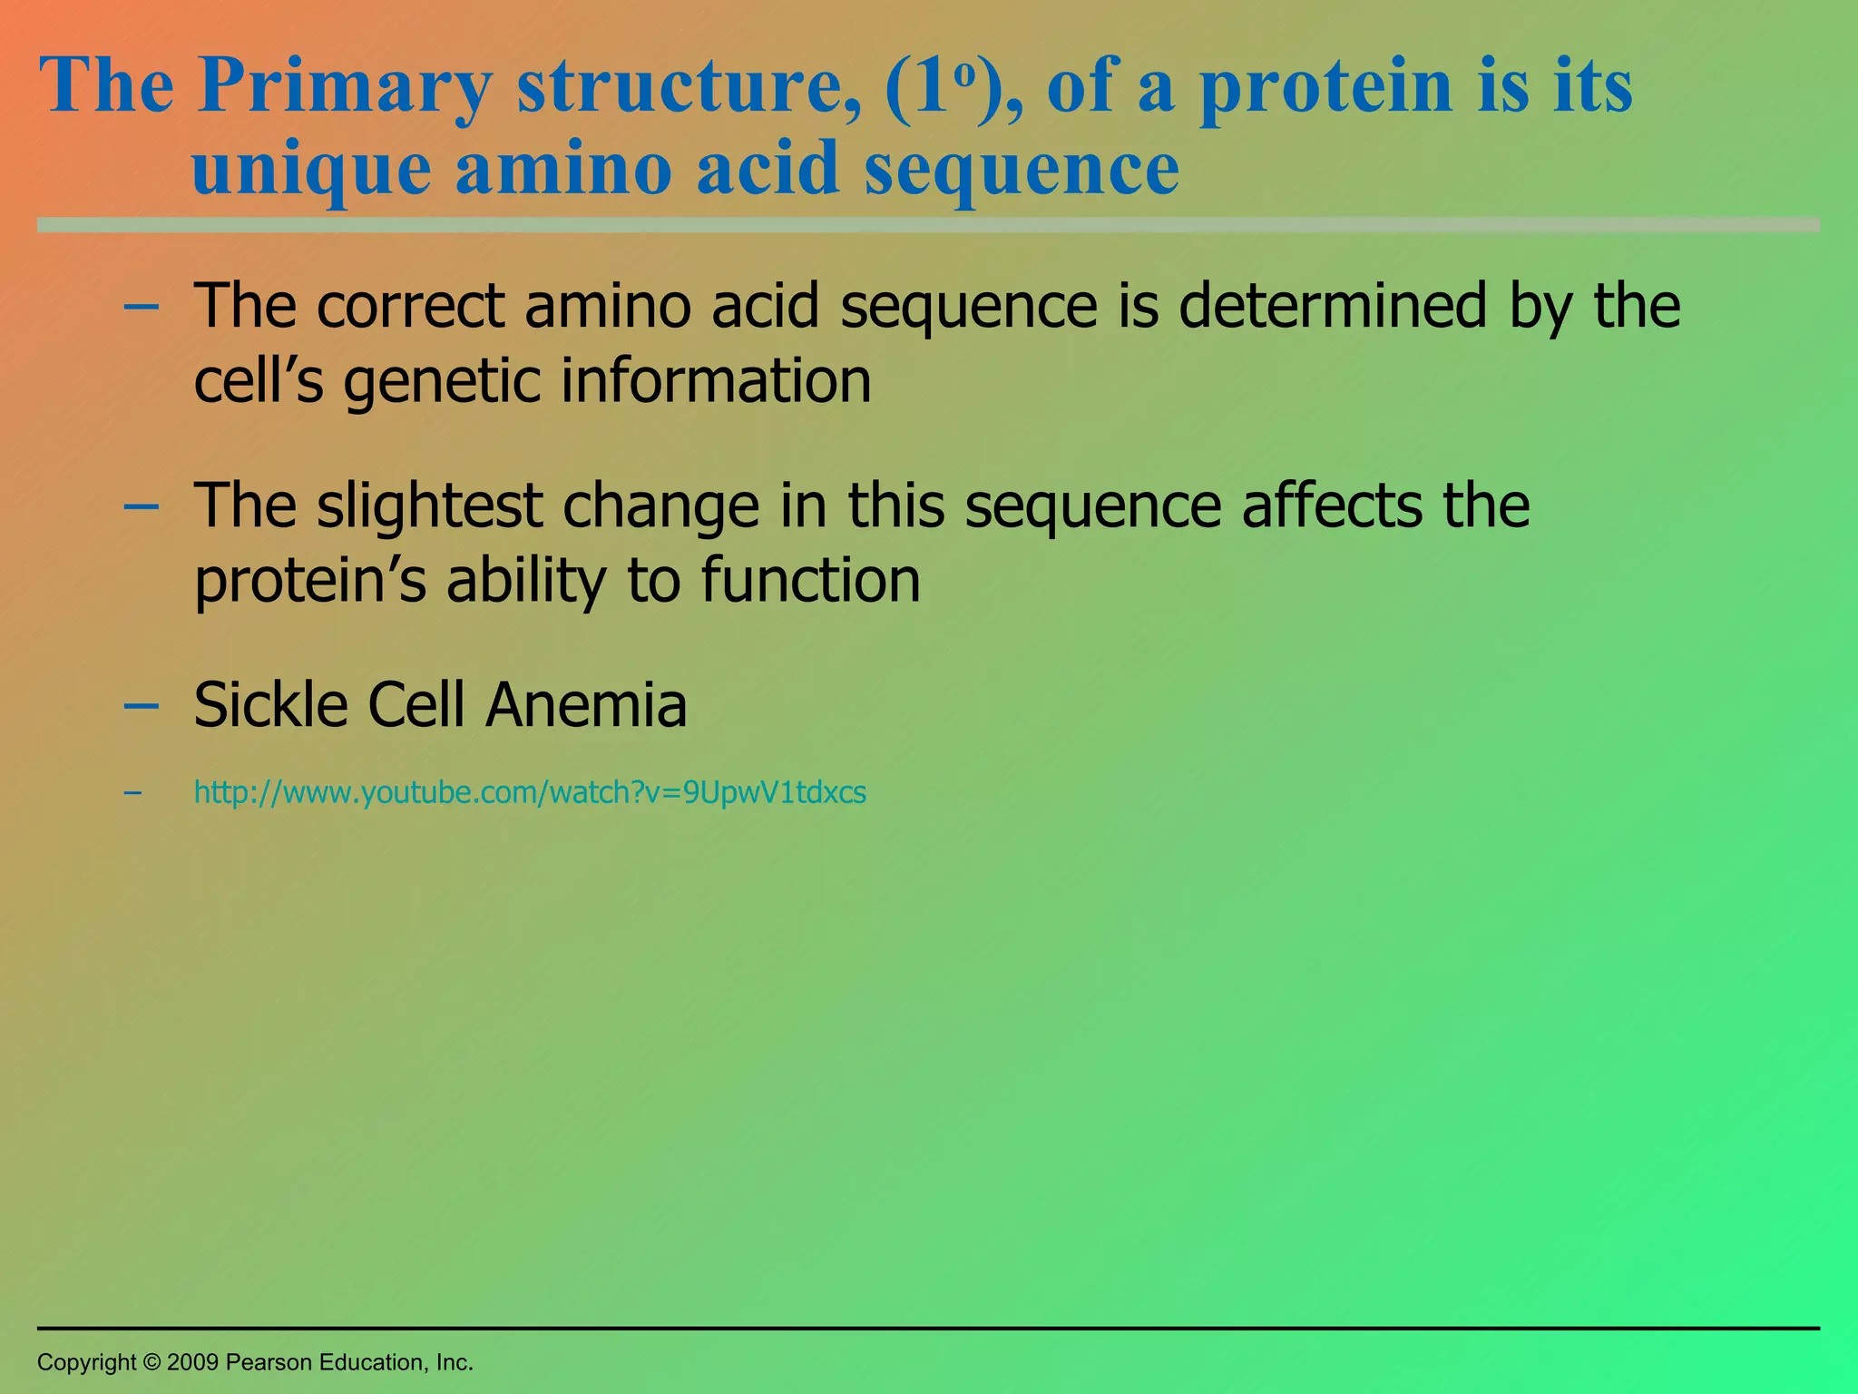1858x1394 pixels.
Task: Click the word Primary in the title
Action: point(345,88)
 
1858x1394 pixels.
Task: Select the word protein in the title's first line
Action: point(1326,88)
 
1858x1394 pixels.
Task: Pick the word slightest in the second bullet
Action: point(429,506)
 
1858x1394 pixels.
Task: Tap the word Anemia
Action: point(586,705)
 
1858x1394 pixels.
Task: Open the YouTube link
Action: point(530,793)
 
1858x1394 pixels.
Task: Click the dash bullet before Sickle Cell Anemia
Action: point(141,705)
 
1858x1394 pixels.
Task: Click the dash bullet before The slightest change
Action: point(141,506)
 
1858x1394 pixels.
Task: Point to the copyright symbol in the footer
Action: point(152,1362)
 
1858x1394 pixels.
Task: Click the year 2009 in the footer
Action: point(192,1362)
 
